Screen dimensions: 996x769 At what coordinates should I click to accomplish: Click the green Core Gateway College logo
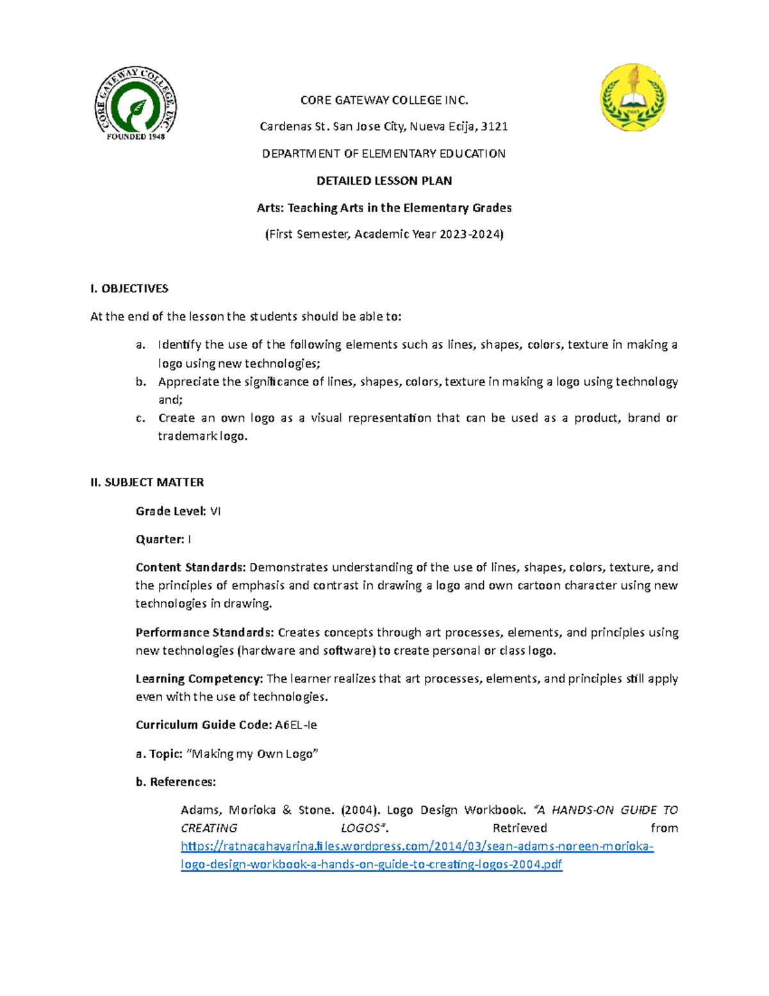click(x=136, y=103)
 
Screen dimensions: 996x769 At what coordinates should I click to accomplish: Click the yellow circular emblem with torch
click(x=633, y=97)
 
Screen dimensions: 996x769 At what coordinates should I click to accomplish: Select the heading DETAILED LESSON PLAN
click(x=384, y=181)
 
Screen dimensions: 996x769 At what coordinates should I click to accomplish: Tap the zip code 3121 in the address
click(x=494, y=126)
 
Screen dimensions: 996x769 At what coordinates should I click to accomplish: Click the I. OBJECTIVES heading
click(x=129, y=289)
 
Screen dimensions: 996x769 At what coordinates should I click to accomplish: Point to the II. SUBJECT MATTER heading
click(x=147, y=482)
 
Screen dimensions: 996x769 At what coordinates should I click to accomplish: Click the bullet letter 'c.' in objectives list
click(x=140, y=418)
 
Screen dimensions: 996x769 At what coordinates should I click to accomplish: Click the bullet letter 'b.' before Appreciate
click(x=140, y=382)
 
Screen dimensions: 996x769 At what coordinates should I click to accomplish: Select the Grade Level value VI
click(x=215, y=511)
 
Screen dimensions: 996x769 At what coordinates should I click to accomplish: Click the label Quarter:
click(x=160, y=539)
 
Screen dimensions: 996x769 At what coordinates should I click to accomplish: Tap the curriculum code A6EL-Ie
click(x=296, y=725)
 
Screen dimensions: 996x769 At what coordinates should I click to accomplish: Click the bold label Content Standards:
click(x=190, y=568)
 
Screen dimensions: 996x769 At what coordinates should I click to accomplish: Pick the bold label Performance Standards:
click(x=204, y=632)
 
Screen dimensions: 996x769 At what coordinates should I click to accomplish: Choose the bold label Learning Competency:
click(x=199, y=679)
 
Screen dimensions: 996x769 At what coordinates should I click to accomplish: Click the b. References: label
click(x=176, y=782)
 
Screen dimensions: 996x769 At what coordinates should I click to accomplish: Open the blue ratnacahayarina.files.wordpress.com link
click(x=417, y=847)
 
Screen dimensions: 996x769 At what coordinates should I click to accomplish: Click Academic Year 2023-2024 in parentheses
click(x=429, y=234)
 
